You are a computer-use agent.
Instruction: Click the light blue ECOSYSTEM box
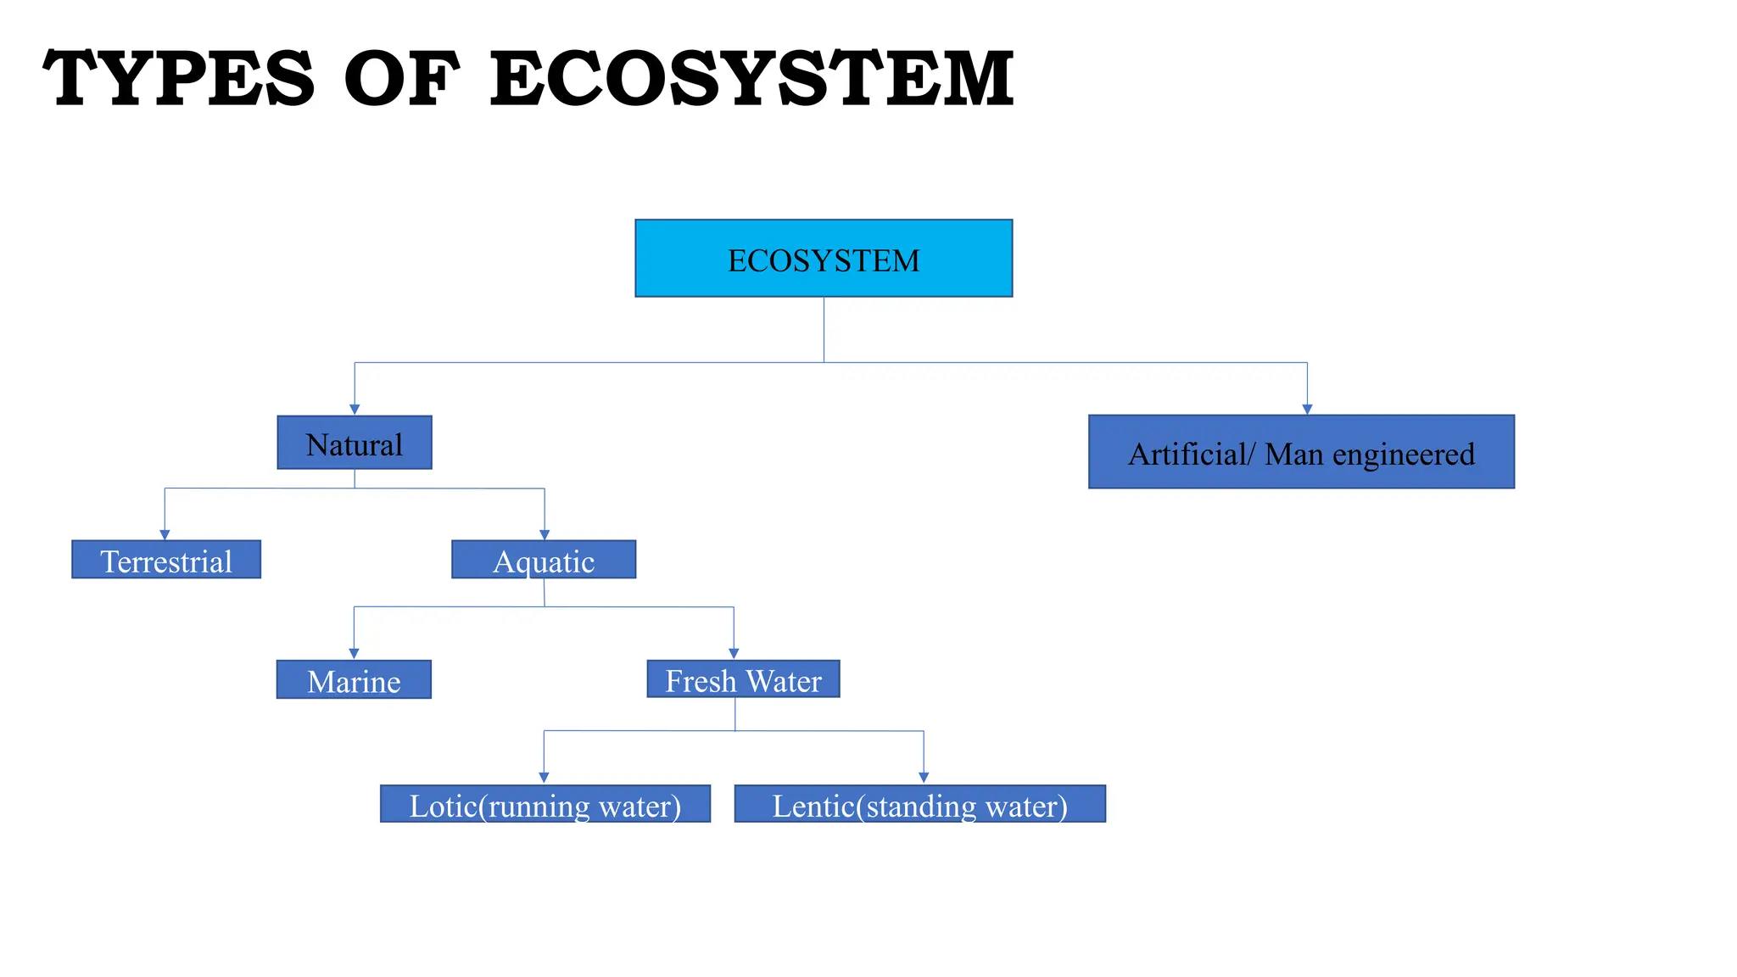pyautogui.click(x=823, y=259)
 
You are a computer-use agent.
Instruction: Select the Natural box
pyautogui.click(x=355, y=443)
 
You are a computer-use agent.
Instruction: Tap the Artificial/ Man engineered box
pyautogui.click(x=1301, y=452)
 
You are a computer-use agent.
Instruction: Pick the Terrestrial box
pyautogui.click(x=166, y=560)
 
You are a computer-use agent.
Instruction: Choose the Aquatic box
pyautogui.click(x=544, y=560)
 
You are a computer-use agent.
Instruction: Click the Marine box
pyautogui.click(x=354, y=680)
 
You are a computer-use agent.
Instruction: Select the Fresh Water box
pyautogui.click(x=743, y=679)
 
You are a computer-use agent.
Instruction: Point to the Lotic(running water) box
pyautogui.click(x=545, y=804)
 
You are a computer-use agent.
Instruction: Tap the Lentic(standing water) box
pyautogui.click(x=919, y=804)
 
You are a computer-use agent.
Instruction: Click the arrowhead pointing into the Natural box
pyautogui.click(x=355, y=410)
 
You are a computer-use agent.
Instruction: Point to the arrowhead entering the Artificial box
pyautogui.click(x=1307, y=410)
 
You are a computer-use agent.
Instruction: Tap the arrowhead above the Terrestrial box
pyautogui.click(x=165, y=534)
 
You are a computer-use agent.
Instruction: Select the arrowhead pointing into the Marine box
pyautogui.click(x=354, y=654)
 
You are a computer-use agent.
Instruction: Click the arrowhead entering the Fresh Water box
pyautogui.click(x=734, y=654)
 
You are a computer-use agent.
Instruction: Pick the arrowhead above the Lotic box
pyautogui.click(x=544, y=778)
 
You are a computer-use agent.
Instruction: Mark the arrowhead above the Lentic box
pyautogui.click(x=924, y=778)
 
